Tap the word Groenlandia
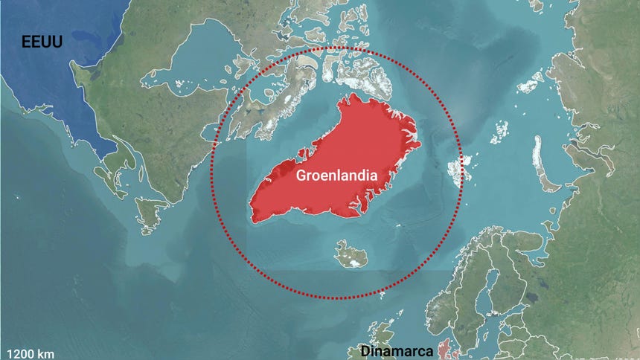tap(336, 176)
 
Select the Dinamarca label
tap(392, 351)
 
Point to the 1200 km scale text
tap(30, 353)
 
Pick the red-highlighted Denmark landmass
tap(446, 350)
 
